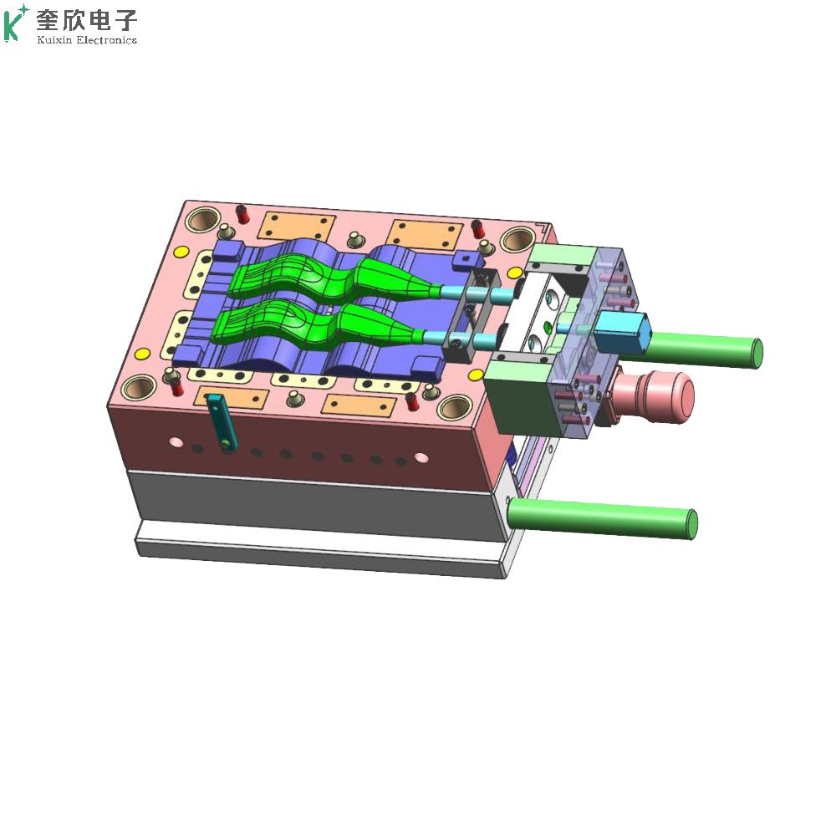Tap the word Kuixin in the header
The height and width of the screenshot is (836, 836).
[54, 40]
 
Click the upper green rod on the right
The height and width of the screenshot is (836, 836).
[704, 349]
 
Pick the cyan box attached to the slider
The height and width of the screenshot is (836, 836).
[622, 334]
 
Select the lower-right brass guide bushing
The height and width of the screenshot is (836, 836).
[454, 408]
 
